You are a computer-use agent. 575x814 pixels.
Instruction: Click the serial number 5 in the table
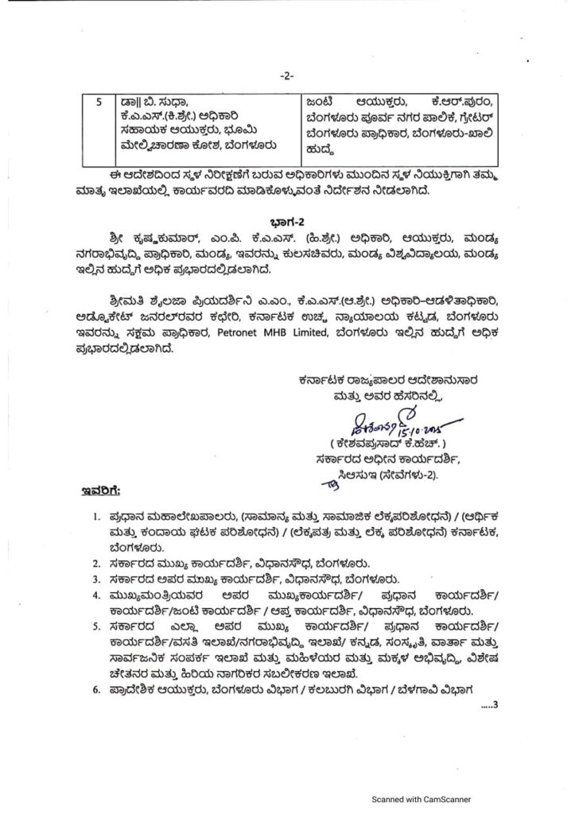(98, 102)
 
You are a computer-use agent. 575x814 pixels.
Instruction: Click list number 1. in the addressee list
(96, 517)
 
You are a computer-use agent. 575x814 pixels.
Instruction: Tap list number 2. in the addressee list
(96, 563)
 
